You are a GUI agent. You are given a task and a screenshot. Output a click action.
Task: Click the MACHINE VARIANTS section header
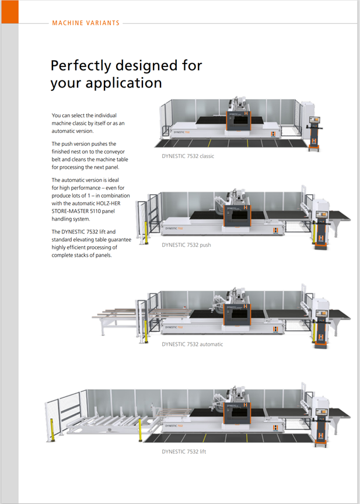(x=86, y=23)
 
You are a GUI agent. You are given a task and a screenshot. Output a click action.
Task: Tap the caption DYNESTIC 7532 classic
(x=188, y=156)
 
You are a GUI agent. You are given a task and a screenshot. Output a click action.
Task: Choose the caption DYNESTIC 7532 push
(x=187, y=245)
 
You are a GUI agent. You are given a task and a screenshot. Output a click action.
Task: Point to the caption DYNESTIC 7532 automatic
(x=193, y=344)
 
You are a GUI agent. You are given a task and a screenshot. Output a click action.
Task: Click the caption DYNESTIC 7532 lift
(x=184, y=452)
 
